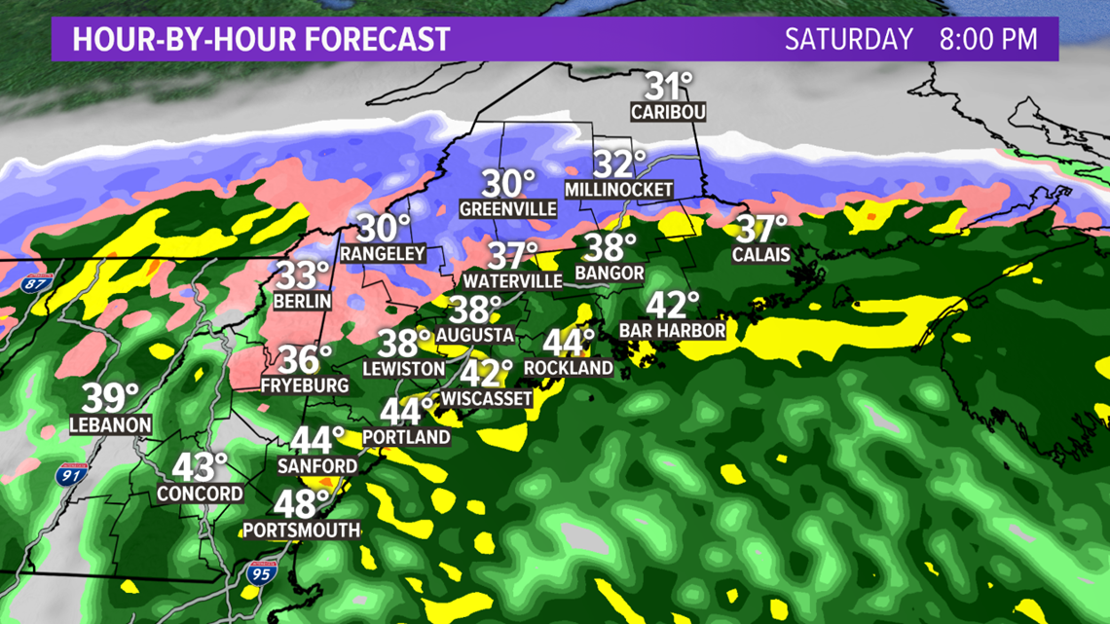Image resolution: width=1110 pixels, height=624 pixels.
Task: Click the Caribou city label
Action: click(668, 113)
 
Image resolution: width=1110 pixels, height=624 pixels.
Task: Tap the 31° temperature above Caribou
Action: click(668, 86)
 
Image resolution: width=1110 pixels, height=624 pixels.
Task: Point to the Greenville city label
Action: click(508, 209)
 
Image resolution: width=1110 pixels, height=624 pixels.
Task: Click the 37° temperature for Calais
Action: click(760, 230)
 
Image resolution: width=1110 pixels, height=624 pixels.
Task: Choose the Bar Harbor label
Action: click(673, 331)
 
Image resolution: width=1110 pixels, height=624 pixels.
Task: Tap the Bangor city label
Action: click(610, 273)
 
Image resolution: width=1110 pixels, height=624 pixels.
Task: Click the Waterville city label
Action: click(513, 281)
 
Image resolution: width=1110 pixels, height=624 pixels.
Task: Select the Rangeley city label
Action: click(383, 253)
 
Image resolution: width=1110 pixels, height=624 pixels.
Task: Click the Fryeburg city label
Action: click(305, 385)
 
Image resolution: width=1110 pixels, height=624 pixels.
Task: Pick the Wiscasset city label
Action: click(487, 399)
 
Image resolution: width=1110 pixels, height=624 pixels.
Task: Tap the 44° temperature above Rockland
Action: click(568, 343)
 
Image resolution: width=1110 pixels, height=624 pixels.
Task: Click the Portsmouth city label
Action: click(302, 531)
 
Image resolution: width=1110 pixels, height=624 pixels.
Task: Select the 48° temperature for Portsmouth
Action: click(301, 503)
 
